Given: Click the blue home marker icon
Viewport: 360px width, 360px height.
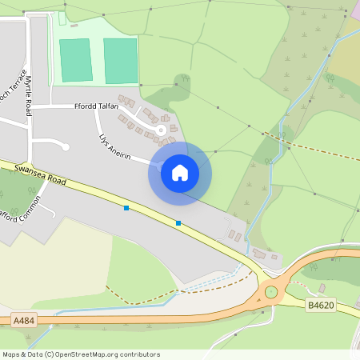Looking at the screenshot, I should [x=180, y=172].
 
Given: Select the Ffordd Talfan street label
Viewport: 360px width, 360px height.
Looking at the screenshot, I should [x=96, y=106].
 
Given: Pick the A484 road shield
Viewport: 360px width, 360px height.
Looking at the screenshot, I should [x=25, y=320].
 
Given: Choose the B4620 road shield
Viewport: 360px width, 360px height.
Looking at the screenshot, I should [x=321, y=304].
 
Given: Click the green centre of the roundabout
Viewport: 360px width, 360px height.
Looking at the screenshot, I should [x=271, y=292].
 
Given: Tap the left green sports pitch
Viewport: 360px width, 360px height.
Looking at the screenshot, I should [x=76, y=60].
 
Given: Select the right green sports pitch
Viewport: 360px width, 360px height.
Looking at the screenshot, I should [x=121, y=61].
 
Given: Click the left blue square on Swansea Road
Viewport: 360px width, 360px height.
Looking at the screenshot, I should [x=126, y=208].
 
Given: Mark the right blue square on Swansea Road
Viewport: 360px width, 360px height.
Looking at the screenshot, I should [x=178, y=222].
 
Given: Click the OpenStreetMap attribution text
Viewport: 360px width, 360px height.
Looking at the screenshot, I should [x=81, y=354].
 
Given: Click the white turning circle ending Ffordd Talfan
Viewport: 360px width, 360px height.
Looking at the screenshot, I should [x=161, y=130].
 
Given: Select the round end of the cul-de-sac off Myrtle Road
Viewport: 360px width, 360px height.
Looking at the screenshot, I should [x=65, y=146].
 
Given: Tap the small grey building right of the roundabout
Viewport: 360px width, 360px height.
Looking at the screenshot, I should [x=322, y=288].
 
